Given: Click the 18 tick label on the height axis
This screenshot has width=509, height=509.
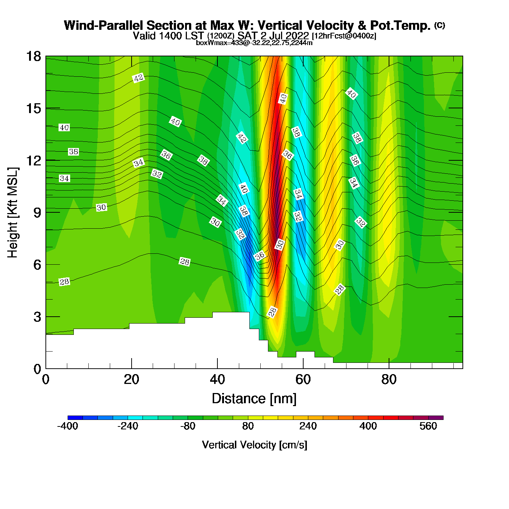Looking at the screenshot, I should click(33, 57).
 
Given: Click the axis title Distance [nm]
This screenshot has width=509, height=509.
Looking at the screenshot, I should click(254, 399).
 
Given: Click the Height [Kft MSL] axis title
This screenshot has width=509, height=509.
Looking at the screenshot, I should click(13, 213).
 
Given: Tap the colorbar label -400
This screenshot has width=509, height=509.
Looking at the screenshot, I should click(68, 426).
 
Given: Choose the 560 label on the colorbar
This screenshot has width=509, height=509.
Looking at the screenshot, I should click(428, 426).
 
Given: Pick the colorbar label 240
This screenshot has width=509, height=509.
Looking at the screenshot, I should click(308, 426).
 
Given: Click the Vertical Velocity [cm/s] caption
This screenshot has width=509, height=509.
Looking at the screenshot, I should click(254, 445).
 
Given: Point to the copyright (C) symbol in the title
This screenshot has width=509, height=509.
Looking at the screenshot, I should click(440, 25).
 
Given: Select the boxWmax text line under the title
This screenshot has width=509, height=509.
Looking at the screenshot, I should click(254, 43).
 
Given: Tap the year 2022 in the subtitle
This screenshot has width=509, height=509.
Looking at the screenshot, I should click(297, 36).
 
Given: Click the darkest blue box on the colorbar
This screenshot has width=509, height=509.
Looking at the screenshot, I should click(75, 418).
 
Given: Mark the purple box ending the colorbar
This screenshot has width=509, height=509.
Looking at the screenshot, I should click(436, 418).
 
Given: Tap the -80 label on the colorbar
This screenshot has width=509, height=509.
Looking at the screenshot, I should click(188, 426).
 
